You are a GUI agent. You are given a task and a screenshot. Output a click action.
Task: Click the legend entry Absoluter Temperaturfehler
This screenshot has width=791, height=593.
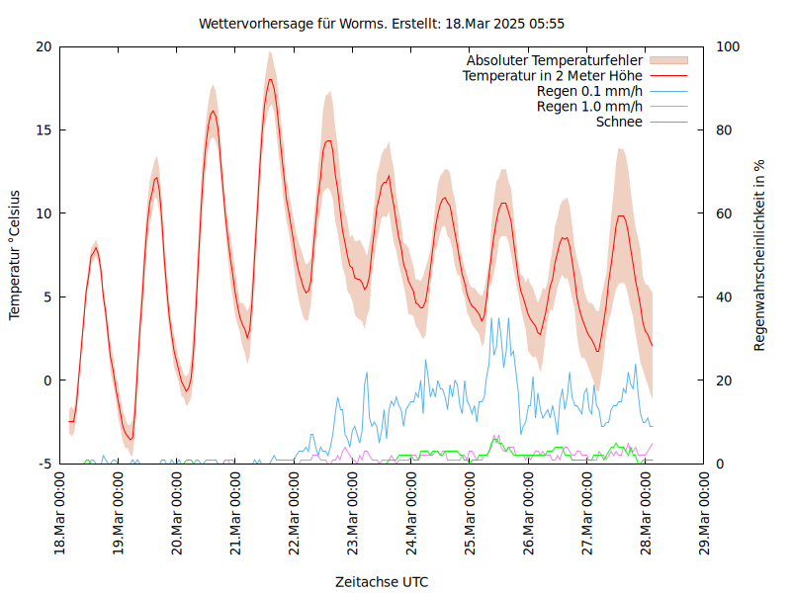(555, 60)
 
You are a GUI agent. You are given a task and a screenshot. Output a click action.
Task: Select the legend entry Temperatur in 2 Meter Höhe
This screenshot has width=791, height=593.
(553, 75)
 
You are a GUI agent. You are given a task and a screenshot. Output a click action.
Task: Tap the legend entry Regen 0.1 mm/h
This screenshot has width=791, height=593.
(589, 91)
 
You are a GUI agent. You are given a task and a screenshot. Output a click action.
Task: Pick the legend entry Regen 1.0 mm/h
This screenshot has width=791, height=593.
(589, 106)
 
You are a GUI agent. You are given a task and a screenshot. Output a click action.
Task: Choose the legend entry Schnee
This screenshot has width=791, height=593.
(620, 122)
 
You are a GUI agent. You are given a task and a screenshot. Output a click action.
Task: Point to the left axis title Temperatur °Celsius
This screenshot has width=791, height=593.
(15, 254)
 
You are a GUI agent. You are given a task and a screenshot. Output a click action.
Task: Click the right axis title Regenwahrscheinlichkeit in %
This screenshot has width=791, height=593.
(760, 255)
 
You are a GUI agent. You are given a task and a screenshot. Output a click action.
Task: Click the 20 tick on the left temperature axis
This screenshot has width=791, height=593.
(44, 46)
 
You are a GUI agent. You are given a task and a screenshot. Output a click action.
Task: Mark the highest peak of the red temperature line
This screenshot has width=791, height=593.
(270, 79)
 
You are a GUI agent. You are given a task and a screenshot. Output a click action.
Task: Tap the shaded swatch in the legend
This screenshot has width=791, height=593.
(667, 60)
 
